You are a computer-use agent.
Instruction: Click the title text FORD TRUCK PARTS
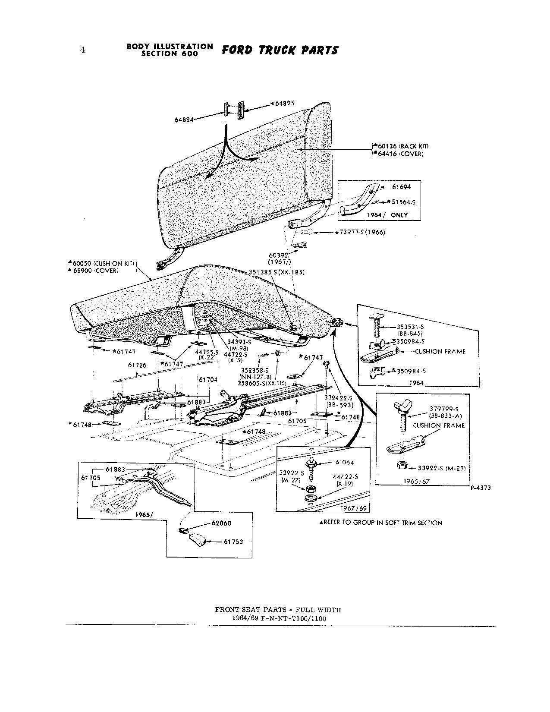tap(280, 50)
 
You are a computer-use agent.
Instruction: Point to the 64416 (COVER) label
tap(400, 154)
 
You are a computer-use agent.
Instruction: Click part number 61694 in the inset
tap(401, 187)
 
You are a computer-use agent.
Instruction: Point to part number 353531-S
tap(410, 327)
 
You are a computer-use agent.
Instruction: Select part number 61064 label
tap(344, 462)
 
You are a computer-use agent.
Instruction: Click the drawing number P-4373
tap(480, 488)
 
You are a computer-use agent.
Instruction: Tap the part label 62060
tap(221, 523)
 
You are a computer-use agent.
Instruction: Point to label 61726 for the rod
tap(137, 365)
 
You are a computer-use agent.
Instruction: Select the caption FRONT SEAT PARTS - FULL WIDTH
tap(278, 610)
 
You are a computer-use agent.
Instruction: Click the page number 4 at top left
tap(82, 50)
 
